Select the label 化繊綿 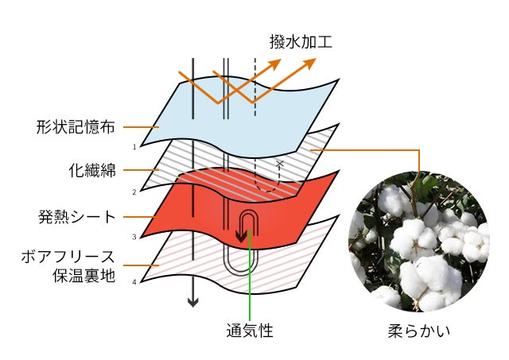tap(91, 170)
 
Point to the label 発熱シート tap(76, 216)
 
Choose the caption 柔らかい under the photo tap(418, 331)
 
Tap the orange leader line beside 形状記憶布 tap(141, 126)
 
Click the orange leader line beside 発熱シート tap(141, 216)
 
